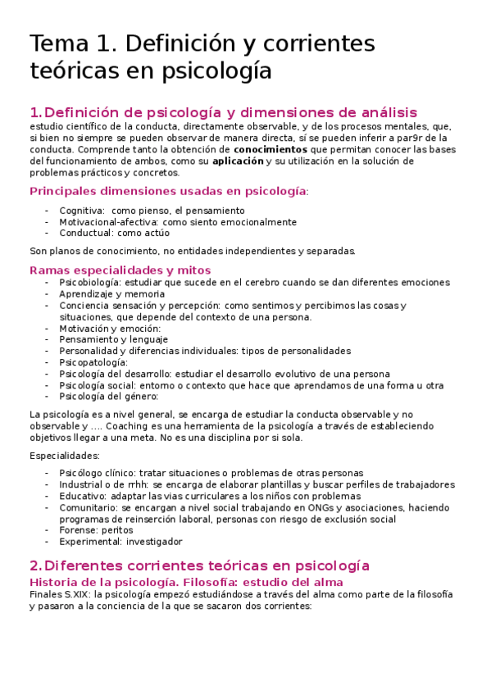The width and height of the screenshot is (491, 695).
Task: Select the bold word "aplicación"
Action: coord(239,161)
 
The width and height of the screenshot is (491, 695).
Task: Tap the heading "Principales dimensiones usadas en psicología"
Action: coord(168,191)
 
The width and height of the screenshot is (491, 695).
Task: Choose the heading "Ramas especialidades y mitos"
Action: coord(120,270)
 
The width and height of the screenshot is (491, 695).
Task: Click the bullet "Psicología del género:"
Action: coord(108,396)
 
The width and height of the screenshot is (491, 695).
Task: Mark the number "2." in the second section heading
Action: coord(34,566)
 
